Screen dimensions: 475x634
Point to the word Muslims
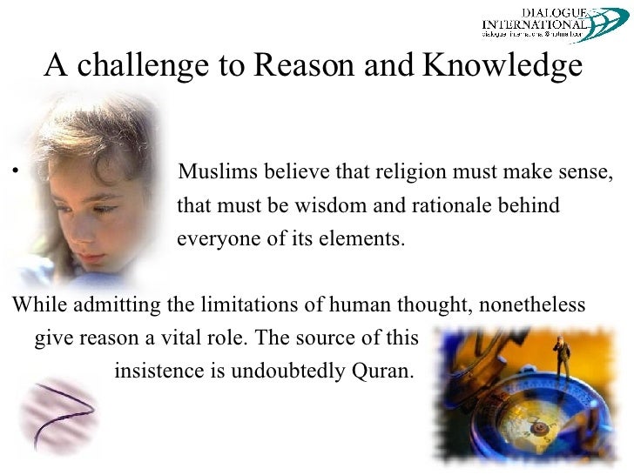[213, 167]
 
